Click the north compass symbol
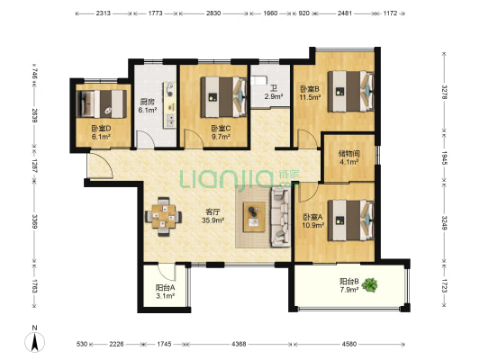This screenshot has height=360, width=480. [34, 339]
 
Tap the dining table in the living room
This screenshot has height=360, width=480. [164, 217]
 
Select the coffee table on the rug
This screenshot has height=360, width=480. [254, 217]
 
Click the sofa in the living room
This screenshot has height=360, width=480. [280, 217]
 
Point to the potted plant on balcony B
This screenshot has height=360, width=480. [370, 285]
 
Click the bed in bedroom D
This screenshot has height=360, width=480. [102, 104]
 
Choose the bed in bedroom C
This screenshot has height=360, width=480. [223, 97]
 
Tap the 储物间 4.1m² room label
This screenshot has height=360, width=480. [349, 157]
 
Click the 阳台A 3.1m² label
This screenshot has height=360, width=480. [165, 292]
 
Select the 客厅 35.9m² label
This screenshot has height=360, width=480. [213, 216]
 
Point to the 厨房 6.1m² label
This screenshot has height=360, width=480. [148, 105]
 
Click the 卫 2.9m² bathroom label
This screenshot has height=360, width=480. [274, 93]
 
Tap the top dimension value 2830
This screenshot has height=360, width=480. [213, 13]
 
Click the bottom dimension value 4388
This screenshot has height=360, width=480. [239, 344]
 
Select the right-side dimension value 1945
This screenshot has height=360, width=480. [444, 157]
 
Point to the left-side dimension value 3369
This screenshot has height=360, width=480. [35, 221]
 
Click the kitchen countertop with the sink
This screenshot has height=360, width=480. [169, 105]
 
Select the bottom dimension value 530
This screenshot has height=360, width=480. [82, 344]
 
